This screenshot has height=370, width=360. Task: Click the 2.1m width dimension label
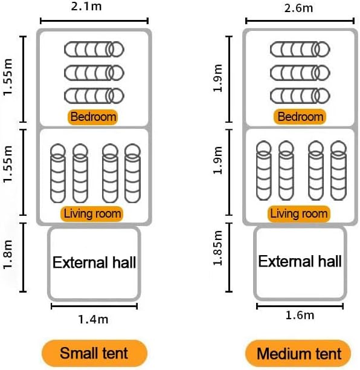pyautogui.click(x=86, y=7)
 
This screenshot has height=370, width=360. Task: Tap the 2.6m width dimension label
pyautogui.click(x=298, y=8)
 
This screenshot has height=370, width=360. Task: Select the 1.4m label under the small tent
pyautogui.click(x=93, y=319)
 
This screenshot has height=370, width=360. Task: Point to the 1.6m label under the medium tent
pyautogui.click(x=300, y=315)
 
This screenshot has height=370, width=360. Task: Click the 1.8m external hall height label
pyautogui.click(x=7, y=255)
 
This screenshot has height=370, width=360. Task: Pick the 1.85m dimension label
pyautogui.click(x=217, y=248)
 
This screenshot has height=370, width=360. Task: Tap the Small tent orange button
pyautogui.click(x=94, y=353)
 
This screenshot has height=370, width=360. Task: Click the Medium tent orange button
pyautogui.click(x=298, y=354)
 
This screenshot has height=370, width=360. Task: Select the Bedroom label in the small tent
pyautogui.click(x=92, y=117)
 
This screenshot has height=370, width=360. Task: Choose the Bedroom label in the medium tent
pyautogui.click(x=300, y=117)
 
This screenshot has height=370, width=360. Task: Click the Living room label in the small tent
pyautogui.click(x=92, y=214)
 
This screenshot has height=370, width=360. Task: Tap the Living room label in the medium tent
pyautogui.click(x=299, y=213)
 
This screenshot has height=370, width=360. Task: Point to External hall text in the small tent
pyautogui.click(x=94, y=262)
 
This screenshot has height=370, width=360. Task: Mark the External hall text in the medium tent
pyautogui.click(x=300, y=261)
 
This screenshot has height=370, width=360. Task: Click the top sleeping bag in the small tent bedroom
pyautogui.click(x=94, y=50)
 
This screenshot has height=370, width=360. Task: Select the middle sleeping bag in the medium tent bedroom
pyautogui.click(x=300, y=73)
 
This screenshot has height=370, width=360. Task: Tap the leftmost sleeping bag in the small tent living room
pyautogui.click(x=58, y=173)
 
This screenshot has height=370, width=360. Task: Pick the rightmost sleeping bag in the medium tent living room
pyautogui.click(x=338, y=170)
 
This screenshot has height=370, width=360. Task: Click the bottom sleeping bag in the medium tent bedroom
pyautogui.click(x=300, y=96)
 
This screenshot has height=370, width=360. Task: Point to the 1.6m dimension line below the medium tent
pyautogui.click(x=300, y=307)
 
